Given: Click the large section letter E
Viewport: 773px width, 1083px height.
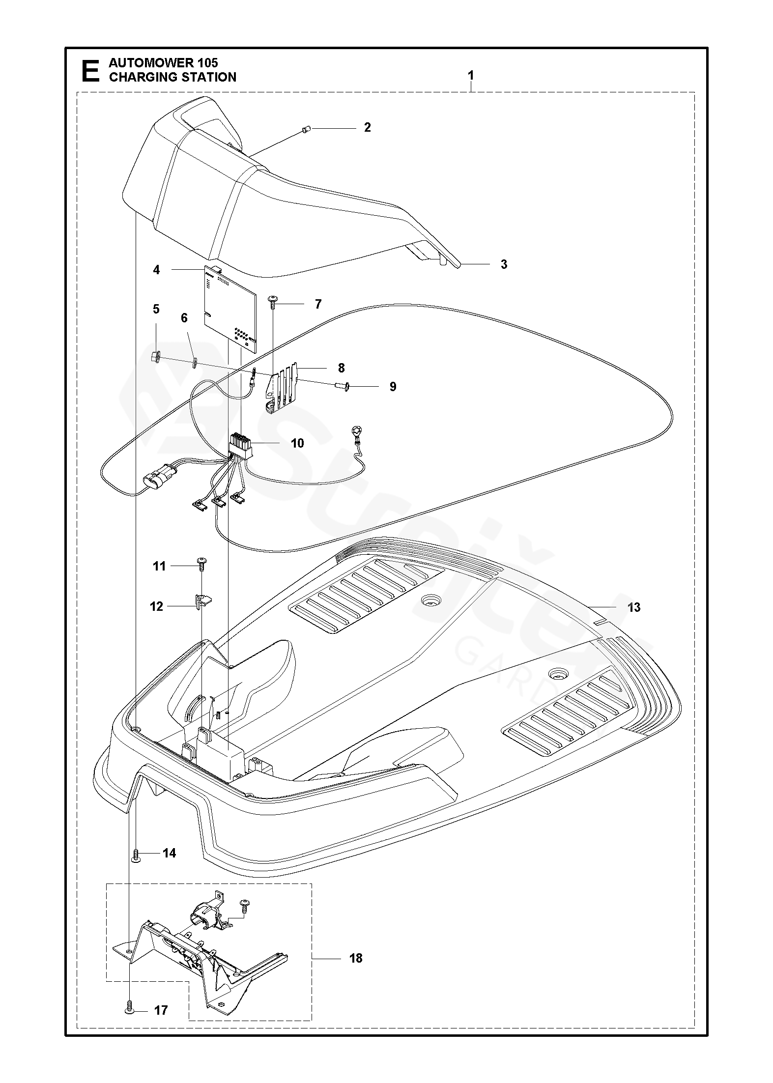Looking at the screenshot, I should coord(89,70).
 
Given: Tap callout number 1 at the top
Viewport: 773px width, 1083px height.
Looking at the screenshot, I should coord(471,76).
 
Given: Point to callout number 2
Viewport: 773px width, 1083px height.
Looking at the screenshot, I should coord(367,127).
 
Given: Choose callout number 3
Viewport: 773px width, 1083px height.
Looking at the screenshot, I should coord(504,264).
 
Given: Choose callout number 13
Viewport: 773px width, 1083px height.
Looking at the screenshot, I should coord(634,607).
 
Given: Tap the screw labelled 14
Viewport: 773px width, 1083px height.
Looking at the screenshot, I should coord(136,856).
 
